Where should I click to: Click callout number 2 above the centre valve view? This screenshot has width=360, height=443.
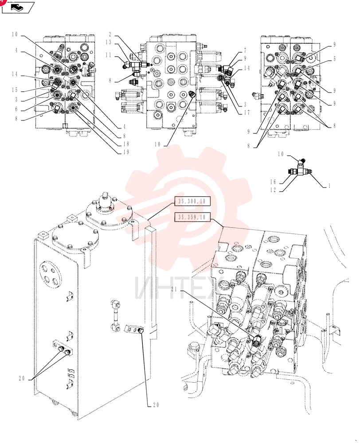click(x=110, y=35)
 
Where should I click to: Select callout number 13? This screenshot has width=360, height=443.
click(x=109, y=43)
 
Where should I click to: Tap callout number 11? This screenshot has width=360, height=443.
click(x=109, y=55)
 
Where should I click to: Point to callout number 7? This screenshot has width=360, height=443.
click(x=245, y=51)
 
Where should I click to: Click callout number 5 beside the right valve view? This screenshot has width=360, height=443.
click(x=335, y=59)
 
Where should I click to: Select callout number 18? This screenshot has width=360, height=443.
click(x=126, y=144)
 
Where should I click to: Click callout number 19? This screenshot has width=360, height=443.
click(x=126, y=152)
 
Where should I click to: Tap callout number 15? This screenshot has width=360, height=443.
click(x=15, y=90)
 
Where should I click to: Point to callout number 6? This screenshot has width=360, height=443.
click(x=16, y=109)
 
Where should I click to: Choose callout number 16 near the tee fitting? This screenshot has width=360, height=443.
click(x=273, y=182)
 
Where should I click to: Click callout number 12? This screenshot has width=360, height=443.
click(x=273, y=190)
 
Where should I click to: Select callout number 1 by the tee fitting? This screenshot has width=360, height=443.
click(x=329, y=186)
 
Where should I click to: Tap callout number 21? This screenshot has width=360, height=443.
click(x=174, y=289)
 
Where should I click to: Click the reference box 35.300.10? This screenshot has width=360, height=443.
click(x=192, y=202)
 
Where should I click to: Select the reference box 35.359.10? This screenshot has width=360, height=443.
click(x=192, y=217)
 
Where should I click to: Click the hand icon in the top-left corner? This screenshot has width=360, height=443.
click(x=18, y=8)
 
